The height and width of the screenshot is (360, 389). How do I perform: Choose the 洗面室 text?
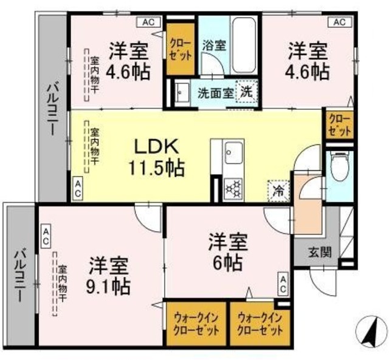click(x=212, y=94)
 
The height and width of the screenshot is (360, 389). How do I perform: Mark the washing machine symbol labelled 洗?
click(x=246, y=94)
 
